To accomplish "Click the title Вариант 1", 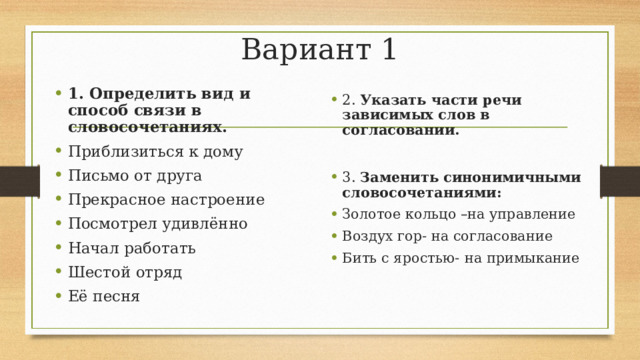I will coord(319,48).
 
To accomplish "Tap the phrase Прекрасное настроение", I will coord(165,200).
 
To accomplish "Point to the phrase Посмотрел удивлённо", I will coord(157,224).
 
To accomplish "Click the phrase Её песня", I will coord(104,296).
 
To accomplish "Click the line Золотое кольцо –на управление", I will coord(458,214).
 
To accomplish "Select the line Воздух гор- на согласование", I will coord(447,236).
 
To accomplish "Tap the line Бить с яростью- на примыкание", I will coord(460,258).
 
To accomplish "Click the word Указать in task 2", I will coord(391,100).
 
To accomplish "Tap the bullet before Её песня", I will coord(59,297).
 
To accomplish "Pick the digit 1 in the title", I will coord(388,48).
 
